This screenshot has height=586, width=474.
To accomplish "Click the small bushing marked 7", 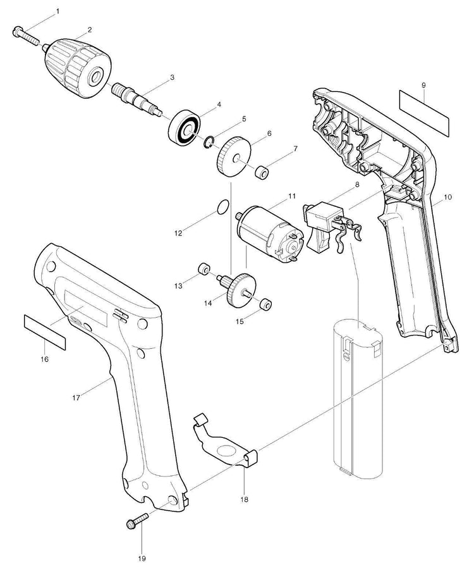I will (260, 171).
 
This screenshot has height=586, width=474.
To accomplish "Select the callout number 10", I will (447, 197).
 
